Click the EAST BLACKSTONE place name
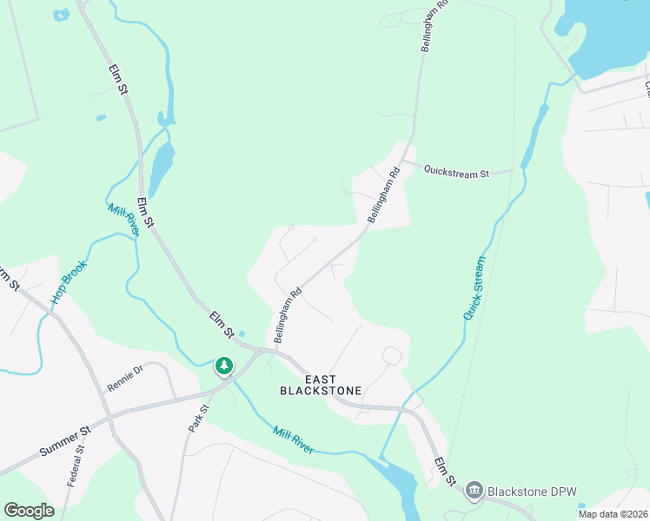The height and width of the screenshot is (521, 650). pyautogui.click(x=321, y=385)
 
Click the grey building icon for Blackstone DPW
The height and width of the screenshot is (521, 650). pyautogui.click(x=474, y=491)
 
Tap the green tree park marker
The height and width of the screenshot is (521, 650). pyautogui.click(x=224, y=366)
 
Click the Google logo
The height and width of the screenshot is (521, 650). pyautogui.click(x=29, y=511)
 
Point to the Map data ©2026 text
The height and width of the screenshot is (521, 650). pyautogui.click(x=612, y=514)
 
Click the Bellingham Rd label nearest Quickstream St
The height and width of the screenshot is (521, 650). pyautogui.click(x=384, y=195)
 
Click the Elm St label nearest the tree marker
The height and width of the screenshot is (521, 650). pyautogui.click(x=222, y=326)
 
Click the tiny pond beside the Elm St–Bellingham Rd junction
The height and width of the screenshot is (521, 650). pyautogui.click(x=242, y=334)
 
